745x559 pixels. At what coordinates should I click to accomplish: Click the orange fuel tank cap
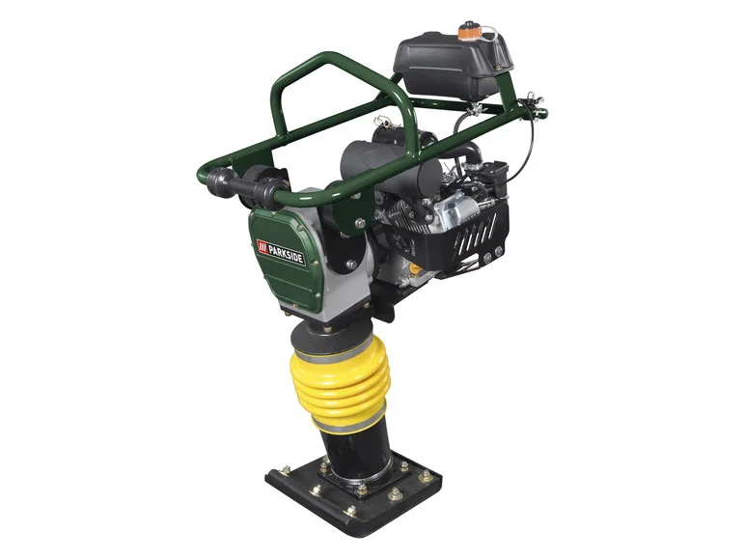coord(468,29)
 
